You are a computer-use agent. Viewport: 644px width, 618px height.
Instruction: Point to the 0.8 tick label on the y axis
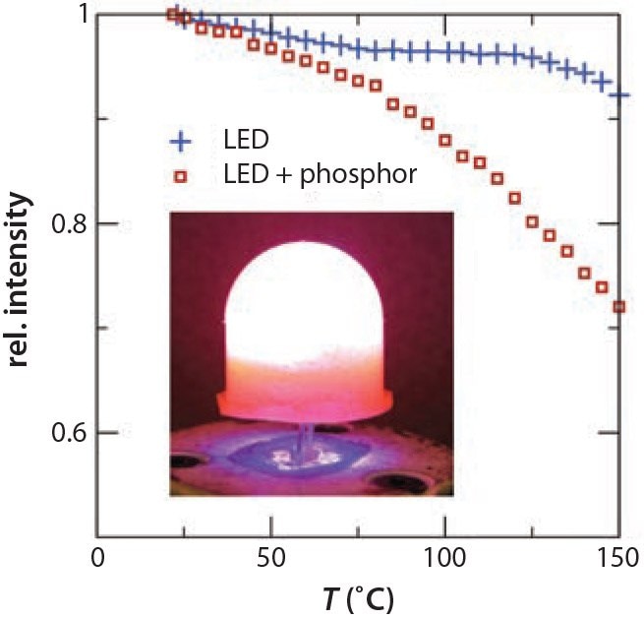pos(69,224)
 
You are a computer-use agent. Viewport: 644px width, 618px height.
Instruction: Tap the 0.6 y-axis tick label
pos(69,433)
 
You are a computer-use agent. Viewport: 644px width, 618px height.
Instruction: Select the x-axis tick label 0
pos(96,556)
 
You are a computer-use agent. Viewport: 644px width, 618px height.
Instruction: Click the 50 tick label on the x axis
pos(270,556)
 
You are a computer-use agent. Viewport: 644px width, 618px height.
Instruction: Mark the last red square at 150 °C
pos(619,307)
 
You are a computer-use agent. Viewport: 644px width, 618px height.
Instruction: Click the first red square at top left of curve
pos(172,15)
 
